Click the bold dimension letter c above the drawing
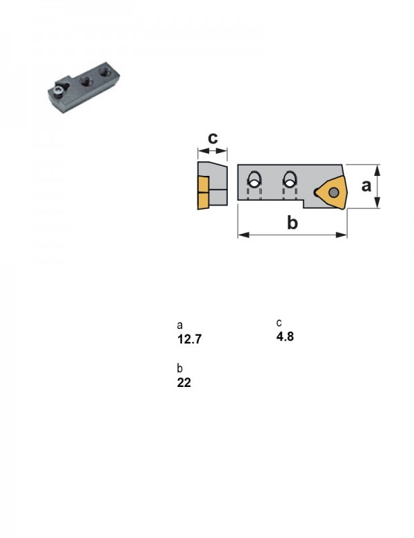point(213,138)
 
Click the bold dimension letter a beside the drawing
point(366,186)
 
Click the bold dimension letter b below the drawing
point(292,222)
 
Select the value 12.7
point(189,339)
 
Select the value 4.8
point(285,337)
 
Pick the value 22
point(184,382)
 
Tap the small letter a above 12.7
point(179,325)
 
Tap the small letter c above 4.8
point(279,323)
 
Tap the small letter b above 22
point(179,368)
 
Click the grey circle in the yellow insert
point(334,192)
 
